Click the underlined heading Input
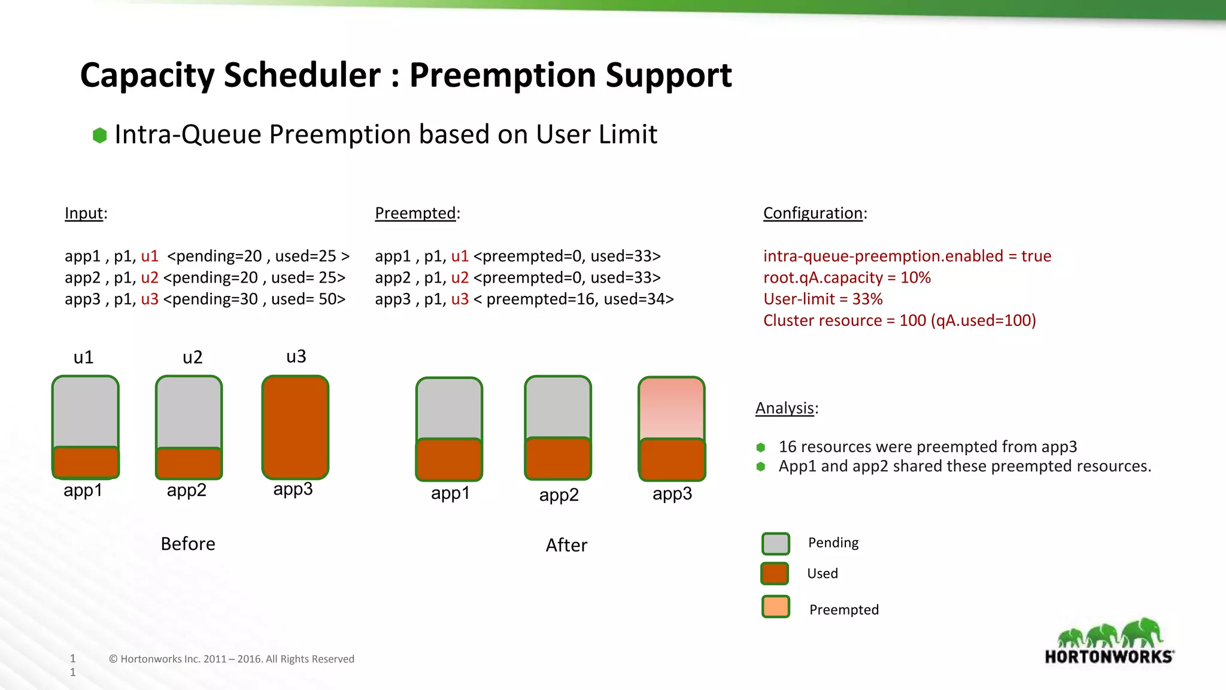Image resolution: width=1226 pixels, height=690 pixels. coord(84,213)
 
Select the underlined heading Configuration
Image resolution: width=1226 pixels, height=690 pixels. coord(812,213)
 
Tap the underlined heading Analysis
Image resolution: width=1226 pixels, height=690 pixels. coord(784,408)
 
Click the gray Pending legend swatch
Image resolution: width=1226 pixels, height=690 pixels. coord(776,544)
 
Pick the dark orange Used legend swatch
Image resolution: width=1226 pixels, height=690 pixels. coord(775,574)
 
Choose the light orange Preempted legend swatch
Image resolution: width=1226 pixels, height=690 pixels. coord(776,607)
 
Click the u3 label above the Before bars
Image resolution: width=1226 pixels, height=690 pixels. coord(296,356)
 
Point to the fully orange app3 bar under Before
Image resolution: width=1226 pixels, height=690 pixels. coord(295,427)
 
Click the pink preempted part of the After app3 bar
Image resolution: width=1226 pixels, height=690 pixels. coord(672,408)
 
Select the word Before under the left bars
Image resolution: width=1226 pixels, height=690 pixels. coord(188,544)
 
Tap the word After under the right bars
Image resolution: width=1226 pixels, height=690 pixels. coord(566,545)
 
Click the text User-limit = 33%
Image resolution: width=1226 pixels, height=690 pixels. coord(823,299)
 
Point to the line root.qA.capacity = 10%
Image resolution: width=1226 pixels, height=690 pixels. coord(846,277)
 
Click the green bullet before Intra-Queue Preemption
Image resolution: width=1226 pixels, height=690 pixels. coord(100,135)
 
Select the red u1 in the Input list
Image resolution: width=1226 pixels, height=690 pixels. coord(150,256)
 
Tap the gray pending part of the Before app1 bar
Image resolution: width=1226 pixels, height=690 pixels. coord(86,411)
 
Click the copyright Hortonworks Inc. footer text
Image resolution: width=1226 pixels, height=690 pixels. coord(232,659)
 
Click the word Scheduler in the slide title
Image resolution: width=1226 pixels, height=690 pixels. coord(302,75)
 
